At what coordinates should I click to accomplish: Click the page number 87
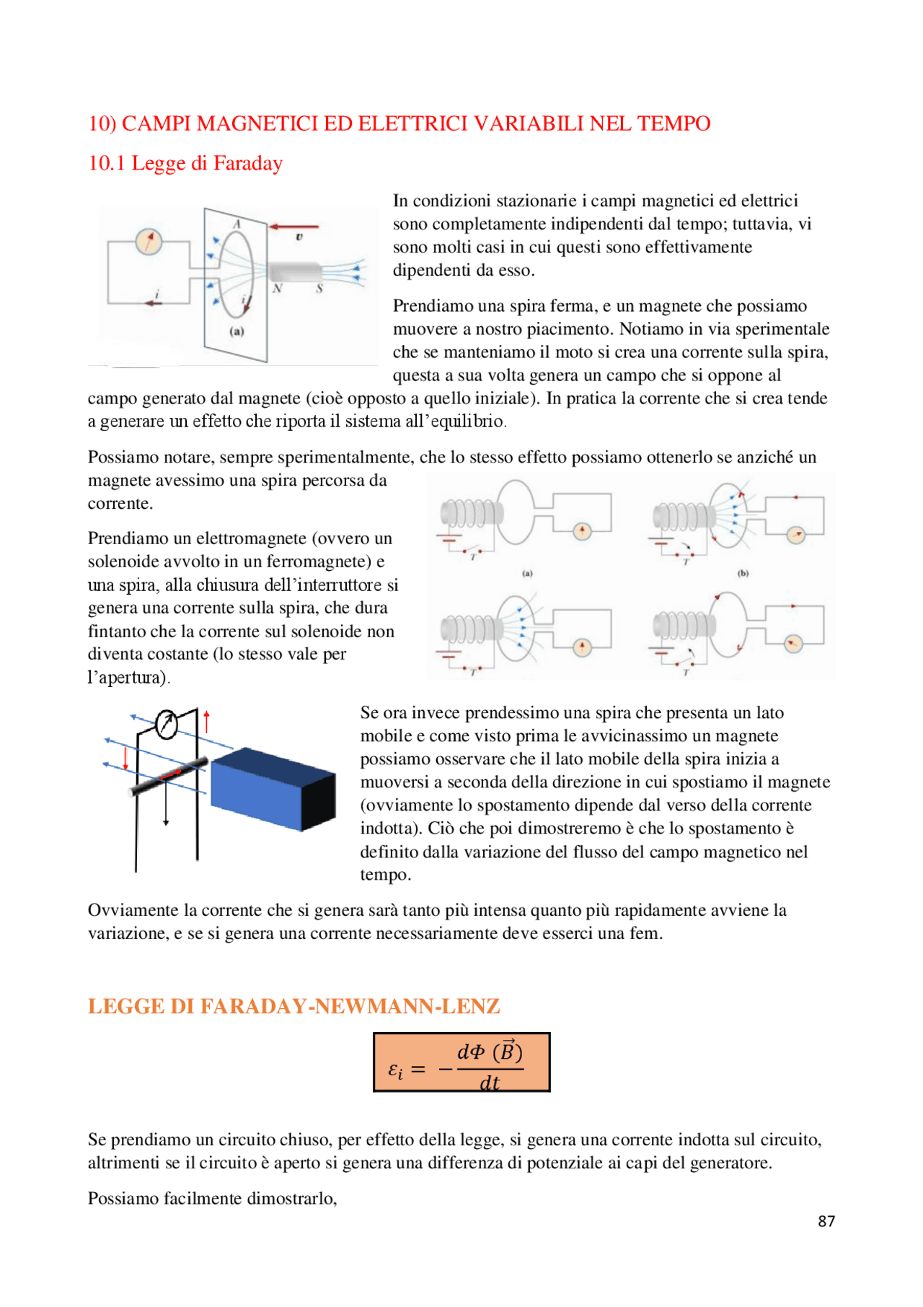point(826,1221)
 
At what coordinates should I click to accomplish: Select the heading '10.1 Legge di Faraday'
point(185,163)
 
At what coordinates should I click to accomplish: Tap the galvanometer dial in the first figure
point(149,241)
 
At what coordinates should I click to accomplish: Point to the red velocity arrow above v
point(294,227)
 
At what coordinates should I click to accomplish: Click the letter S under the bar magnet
point(319,289)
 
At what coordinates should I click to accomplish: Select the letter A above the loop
point(237,224)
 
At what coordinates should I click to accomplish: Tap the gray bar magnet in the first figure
point(295,272)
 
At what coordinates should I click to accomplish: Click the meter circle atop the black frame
point(167,725)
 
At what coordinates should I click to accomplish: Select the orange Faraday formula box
point(461,1062)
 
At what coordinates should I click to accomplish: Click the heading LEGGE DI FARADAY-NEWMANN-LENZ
point(294,1006)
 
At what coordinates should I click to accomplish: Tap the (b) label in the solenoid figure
point(743,573)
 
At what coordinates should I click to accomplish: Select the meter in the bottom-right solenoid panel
point(793,644)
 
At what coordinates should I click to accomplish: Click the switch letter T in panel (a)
point(473,557)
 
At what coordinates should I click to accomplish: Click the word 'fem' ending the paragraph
point(644,933)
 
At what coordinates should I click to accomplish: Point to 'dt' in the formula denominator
point(490,1083)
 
